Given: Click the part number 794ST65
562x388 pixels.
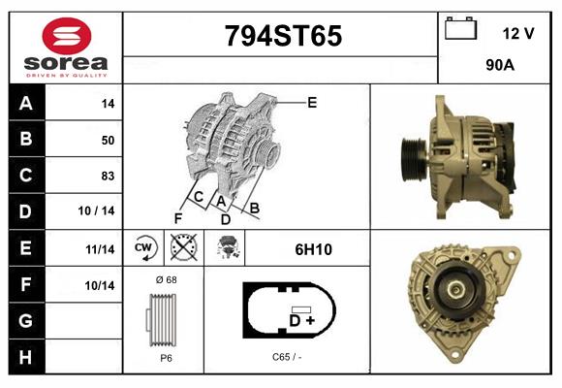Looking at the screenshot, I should (x=283, y=37).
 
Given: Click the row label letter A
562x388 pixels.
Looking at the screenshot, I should (x=26, y=104).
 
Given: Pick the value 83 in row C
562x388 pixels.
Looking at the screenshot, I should (x=108, y=177).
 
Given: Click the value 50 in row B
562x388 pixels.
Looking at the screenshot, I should (x=108, y=140).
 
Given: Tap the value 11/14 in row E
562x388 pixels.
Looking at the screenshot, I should (x=100, y=249).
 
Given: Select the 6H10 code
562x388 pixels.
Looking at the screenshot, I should (x=314, y=249).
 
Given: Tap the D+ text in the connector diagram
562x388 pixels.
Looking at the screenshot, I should (x=301, y=319).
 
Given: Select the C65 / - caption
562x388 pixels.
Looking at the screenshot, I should (x=288, y=357).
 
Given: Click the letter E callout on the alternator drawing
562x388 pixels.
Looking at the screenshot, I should (x=312, y=102).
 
